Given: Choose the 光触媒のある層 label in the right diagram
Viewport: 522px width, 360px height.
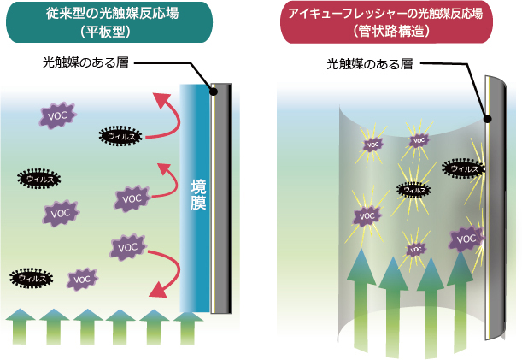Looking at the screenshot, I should pyautogui.click(x=369, y=64).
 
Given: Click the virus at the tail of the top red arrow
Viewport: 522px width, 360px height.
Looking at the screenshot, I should pyautogui.click(x=120, y=135).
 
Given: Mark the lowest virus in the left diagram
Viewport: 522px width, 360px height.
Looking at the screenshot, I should pyautogui.click(x=31, y=278).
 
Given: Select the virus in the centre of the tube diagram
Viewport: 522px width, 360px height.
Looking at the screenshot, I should pyautogui.click(x=413, y=190).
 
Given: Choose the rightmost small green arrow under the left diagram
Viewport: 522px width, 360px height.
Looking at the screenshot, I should pyautogui.click(x=188, y=326).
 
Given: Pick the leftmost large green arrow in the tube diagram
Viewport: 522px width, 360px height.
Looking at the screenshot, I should pyautogui.click(x=361, y=299).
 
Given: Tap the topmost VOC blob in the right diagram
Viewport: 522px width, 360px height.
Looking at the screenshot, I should pyautogui.click(x=419, y=140).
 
